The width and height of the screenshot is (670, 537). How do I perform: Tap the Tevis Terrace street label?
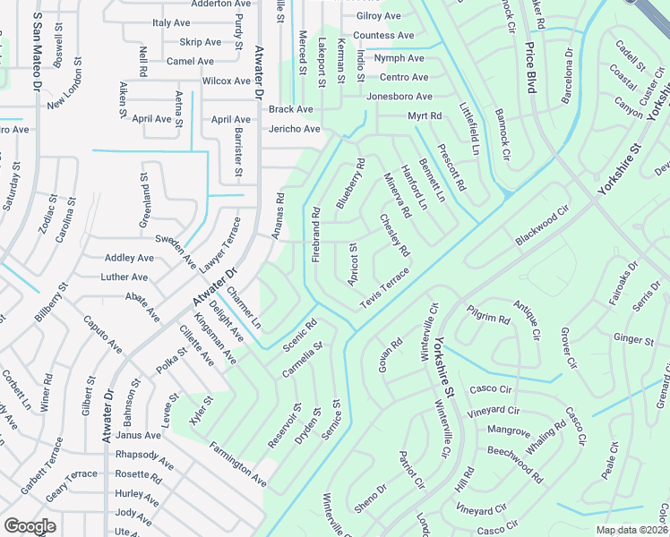coord(384,290)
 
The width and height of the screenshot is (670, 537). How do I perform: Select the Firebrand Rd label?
coord(315,235)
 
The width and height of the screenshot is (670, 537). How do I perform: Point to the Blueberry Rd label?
coord(351,184)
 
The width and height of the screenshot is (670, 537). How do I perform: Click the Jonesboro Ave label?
coord(399,97)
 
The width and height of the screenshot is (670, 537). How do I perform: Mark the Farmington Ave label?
coord(238,464)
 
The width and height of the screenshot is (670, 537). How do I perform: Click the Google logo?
coord(30,526)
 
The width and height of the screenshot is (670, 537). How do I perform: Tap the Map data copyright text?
coord(632,530)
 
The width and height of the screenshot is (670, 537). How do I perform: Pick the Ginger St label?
coord(633,339)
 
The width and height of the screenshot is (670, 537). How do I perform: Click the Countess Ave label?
coord(383,36)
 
